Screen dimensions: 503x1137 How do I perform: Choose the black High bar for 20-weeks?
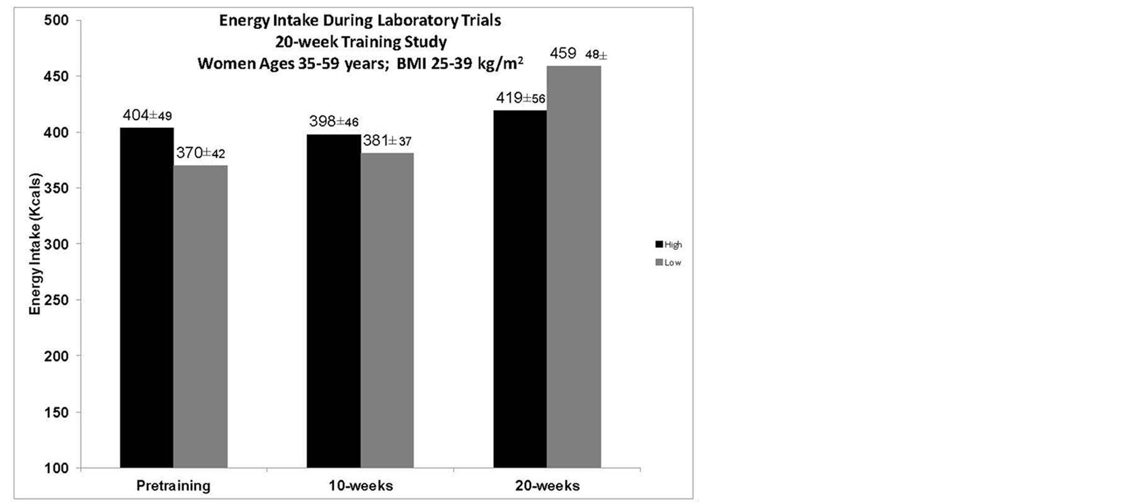520,289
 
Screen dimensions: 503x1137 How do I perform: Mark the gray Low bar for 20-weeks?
573,267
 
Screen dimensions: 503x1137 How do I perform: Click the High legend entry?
669,245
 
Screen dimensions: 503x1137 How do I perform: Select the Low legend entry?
669,263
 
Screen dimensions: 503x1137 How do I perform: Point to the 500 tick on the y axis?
56,21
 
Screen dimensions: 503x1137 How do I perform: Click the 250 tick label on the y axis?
56,300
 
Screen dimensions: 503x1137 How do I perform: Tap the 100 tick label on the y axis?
56,468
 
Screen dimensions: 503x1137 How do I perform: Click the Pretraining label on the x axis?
173,486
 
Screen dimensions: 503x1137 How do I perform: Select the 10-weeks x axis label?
360,486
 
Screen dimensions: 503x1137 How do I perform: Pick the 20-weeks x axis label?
547,486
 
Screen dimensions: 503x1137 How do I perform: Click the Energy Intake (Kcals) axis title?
35,244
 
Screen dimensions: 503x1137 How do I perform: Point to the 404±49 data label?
147,115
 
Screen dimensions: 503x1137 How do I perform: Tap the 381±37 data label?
387,141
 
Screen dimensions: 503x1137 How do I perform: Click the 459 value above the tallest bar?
563,54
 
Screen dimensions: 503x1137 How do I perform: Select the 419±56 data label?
520,98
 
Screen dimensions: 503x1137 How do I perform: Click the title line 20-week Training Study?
360,42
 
